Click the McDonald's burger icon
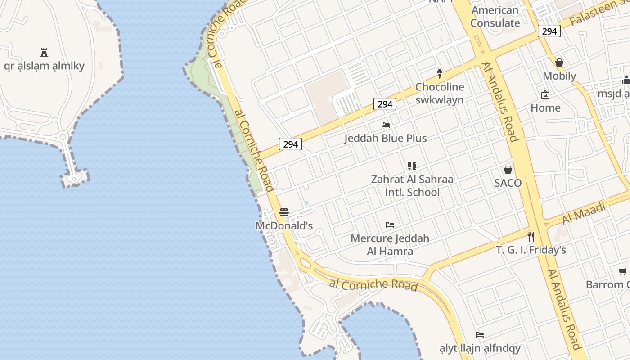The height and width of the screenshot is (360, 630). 284,212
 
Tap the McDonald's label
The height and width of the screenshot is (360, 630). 284,225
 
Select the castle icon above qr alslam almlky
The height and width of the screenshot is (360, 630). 44,53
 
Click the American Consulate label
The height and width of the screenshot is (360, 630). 495,17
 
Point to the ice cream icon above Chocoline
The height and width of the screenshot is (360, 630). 440,73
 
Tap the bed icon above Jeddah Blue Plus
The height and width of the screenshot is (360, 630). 386,125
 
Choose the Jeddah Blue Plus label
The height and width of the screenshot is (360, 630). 386,138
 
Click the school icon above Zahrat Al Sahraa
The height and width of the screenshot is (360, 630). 412,166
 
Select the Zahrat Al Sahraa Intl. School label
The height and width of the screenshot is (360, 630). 412,185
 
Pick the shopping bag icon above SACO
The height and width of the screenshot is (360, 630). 508,170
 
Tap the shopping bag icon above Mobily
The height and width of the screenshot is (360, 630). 559,63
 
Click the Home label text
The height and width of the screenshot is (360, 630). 545,108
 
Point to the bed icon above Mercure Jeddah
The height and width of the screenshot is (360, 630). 390,225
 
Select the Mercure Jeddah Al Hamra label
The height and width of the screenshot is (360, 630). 390,244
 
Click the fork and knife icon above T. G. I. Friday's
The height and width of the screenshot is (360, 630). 531,236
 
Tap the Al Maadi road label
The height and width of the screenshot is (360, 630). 584,212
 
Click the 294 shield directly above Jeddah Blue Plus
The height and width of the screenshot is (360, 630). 385,104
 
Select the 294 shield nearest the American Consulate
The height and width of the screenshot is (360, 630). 549,31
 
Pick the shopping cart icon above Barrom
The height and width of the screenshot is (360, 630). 623,271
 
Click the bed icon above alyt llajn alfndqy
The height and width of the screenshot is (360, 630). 480,335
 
